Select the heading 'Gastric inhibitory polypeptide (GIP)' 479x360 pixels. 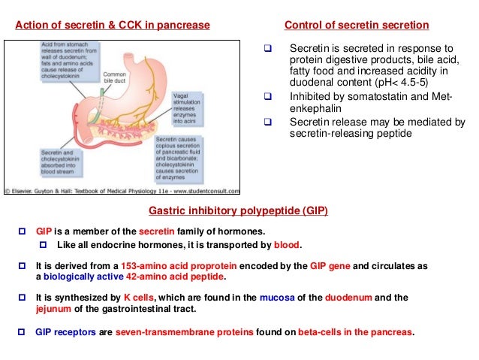(x=239, y=211)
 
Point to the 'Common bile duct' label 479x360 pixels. (x=114, y=78)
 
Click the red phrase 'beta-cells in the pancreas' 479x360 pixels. (x=356, y=331)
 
